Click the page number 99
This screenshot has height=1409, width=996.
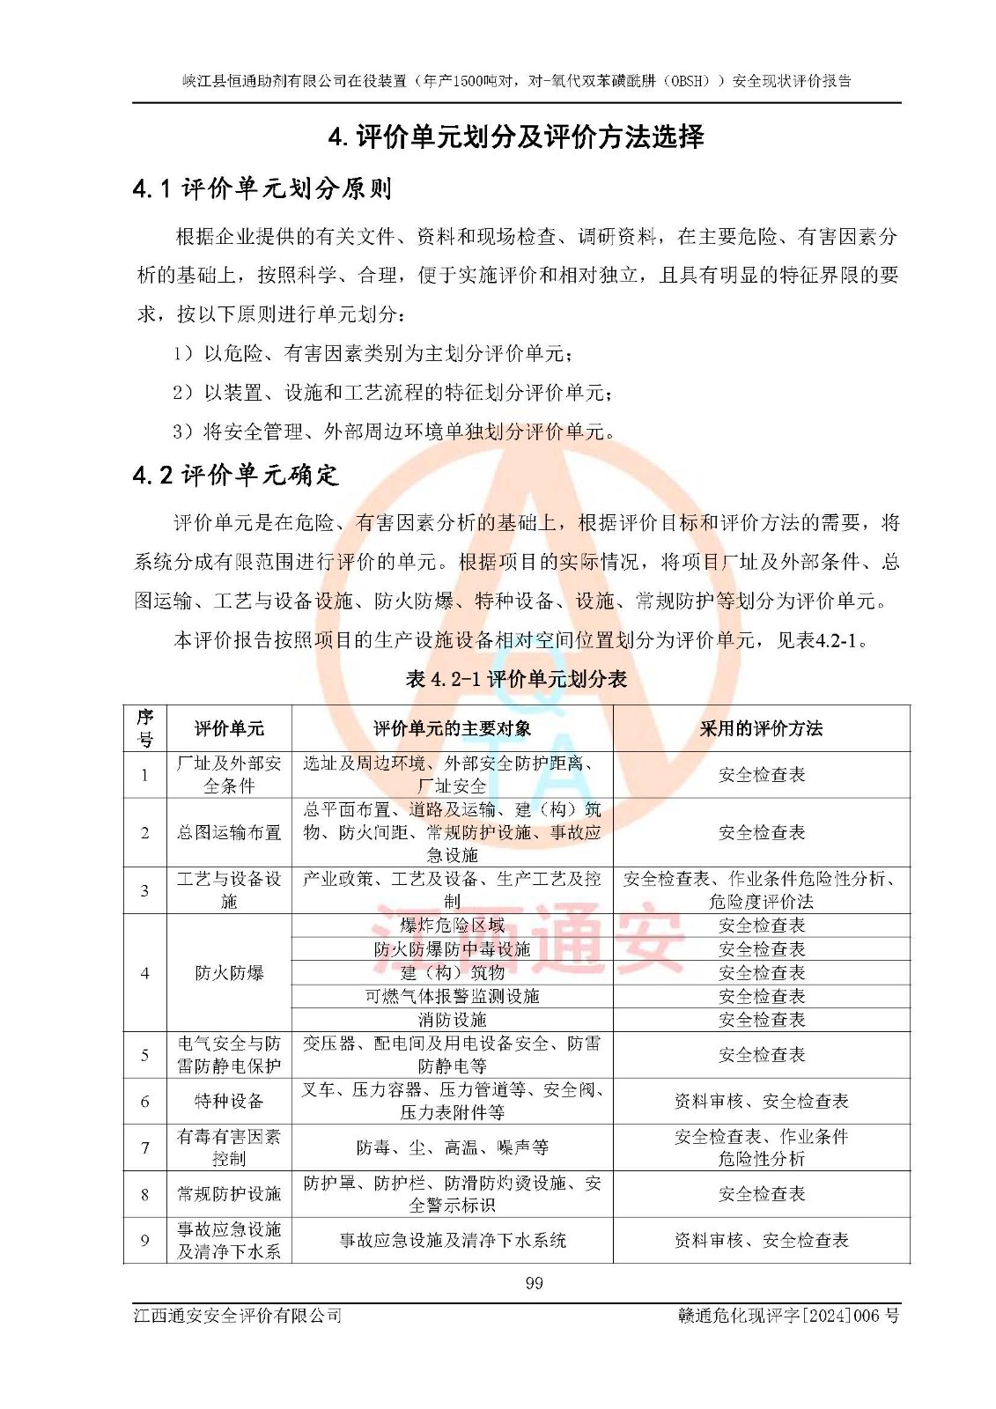click(534, 1283)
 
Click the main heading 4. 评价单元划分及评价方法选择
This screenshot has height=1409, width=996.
click(516, 137)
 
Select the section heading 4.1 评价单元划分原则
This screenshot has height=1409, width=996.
click(262, 188)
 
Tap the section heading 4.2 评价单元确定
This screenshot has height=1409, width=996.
click(235, 476)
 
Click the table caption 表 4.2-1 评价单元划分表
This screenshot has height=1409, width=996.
click(516, 679)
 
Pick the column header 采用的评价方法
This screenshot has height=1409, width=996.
click(761, 728)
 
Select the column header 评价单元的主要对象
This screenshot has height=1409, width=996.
click(452, 728)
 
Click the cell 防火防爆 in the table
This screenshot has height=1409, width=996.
click(229, 973)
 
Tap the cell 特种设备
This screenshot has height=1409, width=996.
click(229, 1101)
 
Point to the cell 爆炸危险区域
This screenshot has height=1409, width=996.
click(452, 926)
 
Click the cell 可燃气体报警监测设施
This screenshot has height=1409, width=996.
click(452, 996)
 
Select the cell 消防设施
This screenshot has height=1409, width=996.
click(452, 1020)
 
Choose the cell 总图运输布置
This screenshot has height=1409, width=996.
click(229, 832)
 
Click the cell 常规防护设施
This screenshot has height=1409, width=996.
click(229, 1194)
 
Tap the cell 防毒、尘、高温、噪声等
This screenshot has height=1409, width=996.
click(452, 1147)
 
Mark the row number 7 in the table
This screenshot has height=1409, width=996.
click(145, 1147)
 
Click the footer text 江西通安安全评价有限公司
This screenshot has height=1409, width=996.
click(238, 1316)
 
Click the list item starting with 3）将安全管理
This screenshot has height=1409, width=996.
click(394, 432)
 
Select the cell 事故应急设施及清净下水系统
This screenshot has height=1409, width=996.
click(452, 1241)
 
